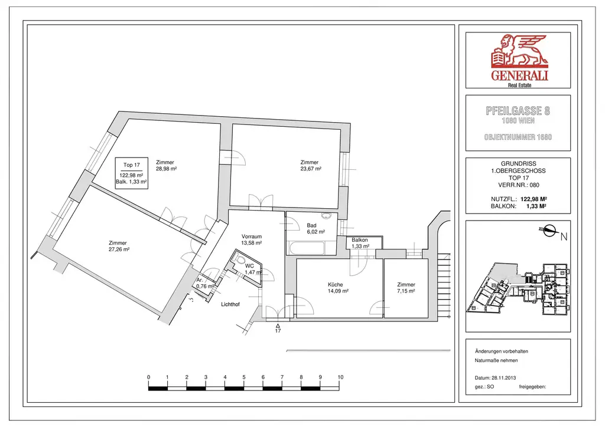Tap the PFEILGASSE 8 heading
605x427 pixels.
(x=518, y=110)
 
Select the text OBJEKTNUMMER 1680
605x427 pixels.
(x=518, y=137)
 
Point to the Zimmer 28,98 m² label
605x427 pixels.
(x=167, y=166)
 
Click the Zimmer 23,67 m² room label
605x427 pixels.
(x=310, y=166)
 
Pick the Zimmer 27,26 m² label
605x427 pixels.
(x=118, y=246)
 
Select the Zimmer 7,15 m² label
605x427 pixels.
(x=406, y=288)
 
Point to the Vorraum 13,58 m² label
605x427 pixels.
(x=252, y=239)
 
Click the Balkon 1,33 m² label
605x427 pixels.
(x=360, y=243)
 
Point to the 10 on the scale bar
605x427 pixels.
(x=340, y=377)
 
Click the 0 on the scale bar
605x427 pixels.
(x=149, y=377)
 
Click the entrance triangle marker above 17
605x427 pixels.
(x=278, y=324)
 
